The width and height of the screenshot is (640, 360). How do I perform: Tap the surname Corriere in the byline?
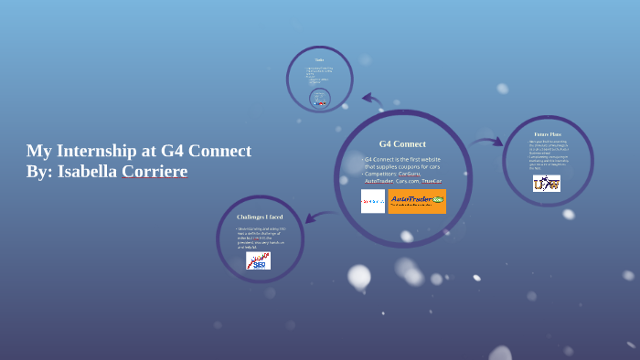(x=155, y=172)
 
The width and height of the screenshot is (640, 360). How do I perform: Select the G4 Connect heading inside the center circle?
(x=402, y=143)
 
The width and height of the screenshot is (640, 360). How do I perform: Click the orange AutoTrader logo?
(x=417, y=201)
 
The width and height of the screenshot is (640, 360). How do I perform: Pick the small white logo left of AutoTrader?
(x=373, y=201)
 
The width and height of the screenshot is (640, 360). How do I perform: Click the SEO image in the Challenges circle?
(x=259, y=260)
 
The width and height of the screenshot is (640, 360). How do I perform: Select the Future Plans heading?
(x=548, y=133)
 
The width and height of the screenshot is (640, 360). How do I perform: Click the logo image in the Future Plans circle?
(x=547, y=184)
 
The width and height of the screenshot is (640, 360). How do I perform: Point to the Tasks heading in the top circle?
(x=320, y=60)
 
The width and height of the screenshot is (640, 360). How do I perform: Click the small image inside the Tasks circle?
(x=320, y=102)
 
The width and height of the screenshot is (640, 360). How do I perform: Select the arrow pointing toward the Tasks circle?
(x=371, y=99)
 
